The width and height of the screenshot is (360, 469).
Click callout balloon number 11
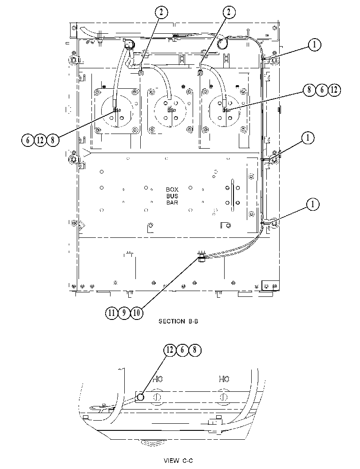(x=111, y=313)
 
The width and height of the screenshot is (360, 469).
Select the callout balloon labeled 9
(x=124, y=313)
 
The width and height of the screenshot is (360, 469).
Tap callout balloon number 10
(x=136, y=313)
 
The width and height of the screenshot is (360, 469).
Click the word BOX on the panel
(x=172, y=189)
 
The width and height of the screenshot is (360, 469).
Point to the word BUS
(x=172, y=196)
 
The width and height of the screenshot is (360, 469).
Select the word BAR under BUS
(x=172, y=202)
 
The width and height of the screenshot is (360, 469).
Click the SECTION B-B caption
(x=178, y=321)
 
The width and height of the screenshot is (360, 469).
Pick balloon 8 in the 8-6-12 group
(x=309, y=90)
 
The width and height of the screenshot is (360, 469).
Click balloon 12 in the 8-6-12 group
(x=334, y=90)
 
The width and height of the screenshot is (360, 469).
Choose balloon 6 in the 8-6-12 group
(x=322, y=90)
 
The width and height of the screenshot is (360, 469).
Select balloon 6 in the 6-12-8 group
(x=28, y=140)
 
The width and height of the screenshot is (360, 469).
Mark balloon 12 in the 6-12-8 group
(x=40, y=140)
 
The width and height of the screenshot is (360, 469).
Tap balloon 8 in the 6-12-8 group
(x=53, y=140)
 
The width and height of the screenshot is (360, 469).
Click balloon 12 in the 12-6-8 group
(x=170, y=350)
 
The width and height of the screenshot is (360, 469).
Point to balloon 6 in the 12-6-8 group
(x=182, y=350)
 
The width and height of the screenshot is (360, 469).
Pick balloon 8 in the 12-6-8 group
(x=195, y=350)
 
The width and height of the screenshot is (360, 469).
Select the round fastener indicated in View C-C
(x=140, y=398)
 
